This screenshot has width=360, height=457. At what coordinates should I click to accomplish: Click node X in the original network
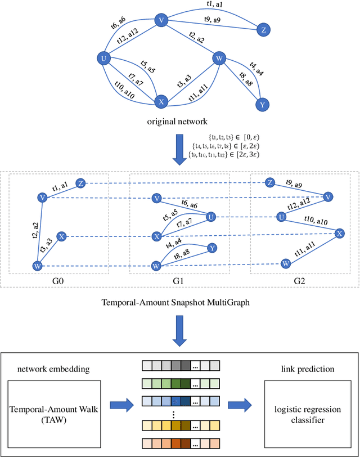pyautogui.click(x=161, y=102)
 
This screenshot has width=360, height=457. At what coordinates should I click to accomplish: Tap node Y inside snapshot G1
pyautogui.click(x=211, y=247)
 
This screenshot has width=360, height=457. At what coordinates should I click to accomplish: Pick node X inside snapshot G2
pyautogui.click(x=340, y=234)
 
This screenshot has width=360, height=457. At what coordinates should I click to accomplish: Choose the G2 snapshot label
pyautogui.click(x=300, y=279)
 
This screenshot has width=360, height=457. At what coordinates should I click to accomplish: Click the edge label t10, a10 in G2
pyautogui.click(x=314, y=220)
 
